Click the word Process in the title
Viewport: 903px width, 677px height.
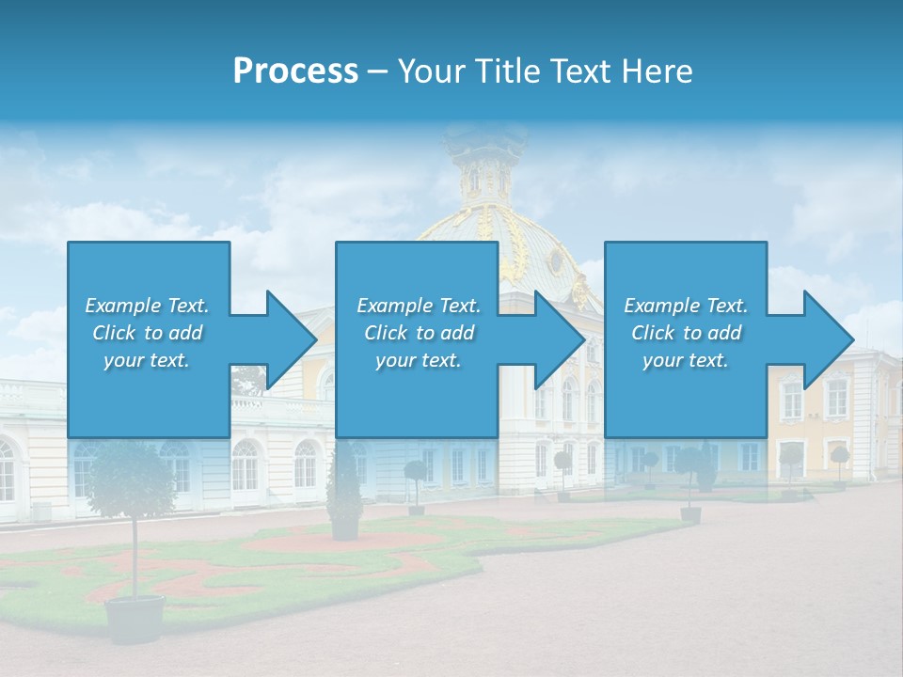[x=295, y=71]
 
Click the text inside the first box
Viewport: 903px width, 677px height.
[x=147, y=333]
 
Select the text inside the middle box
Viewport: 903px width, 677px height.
[x=418, y=333]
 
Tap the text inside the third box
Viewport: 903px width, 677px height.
[x=686, y=333]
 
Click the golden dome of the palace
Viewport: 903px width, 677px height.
[x=499, y=244]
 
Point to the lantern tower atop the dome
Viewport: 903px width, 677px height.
[x=486, y=169]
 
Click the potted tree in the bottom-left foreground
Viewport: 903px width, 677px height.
[x=133, y=489]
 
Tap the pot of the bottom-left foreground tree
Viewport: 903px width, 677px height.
[x=135, y=619]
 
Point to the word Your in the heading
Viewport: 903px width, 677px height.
[x=430, y=71]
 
